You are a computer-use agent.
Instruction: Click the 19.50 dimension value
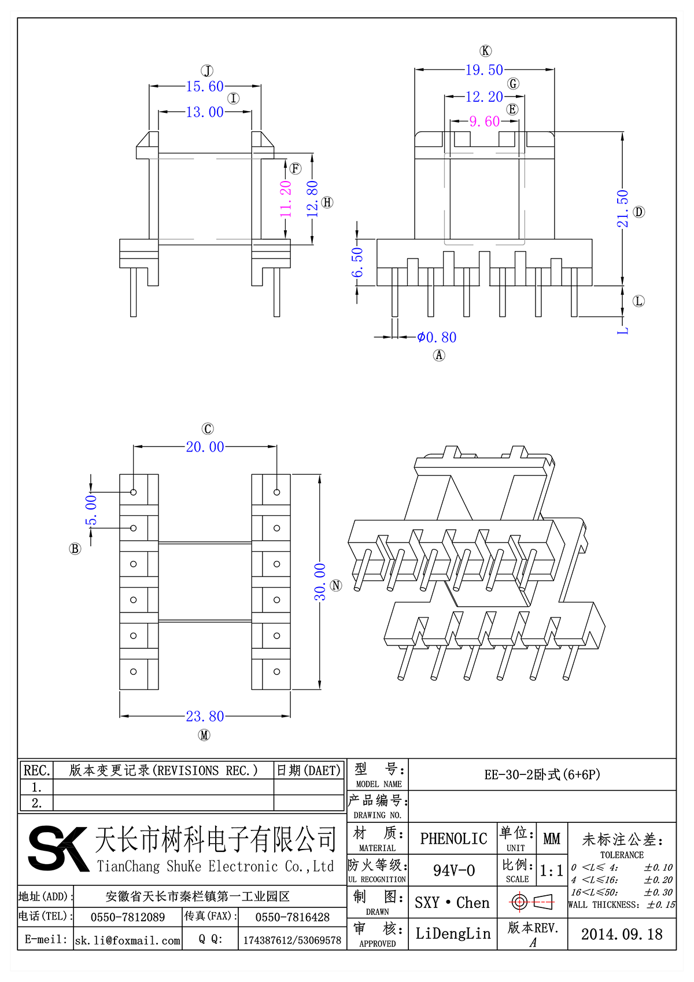pyautogui.click(x=484, y=70)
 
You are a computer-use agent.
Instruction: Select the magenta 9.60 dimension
pyautogui.click(x=485, y=121)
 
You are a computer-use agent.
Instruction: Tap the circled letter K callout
pyautogui.click(x=486, y=51)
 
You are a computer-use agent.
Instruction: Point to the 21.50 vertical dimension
pyautogui.click(x=622, y=209)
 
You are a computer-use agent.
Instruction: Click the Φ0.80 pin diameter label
pyautogui.click(x=437, y=337)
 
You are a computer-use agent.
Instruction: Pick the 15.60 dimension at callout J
pyautogui.click(x=205, y=87)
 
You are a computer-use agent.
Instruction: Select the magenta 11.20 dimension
pyautogui.click(x=286, y=199)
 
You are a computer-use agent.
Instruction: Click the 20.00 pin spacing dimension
pyautogui.click(x=205, y=447)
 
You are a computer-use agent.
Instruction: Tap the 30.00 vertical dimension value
pyautogui.click(x=320, y=582)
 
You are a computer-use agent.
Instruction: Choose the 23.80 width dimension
pyautogui.click(x=205, y=717)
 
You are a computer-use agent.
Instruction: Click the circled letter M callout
pyautogui.click(x=204, y=735)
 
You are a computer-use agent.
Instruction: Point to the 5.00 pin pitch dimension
pyautogui.click(x=91, y=510)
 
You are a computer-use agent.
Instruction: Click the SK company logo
pyautogui.click(x=58, y=848)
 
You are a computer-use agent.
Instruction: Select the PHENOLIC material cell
pyautogui.click(x=453, y=839)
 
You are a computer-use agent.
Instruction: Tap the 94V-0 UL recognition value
pyautogui.click(x=454, y=870)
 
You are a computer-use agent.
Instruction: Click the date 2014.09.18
pyautogui.click(x=622, y=934)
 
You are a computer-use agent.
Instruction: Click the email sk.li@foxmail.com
pyautogui.click(x=128, y=940)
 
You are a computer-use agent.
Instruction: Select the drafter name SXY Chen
pyautogui.click(x=452, y=903)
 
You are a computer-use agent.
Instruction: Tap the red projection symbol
pyautogui.click(x=532, y=902)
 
